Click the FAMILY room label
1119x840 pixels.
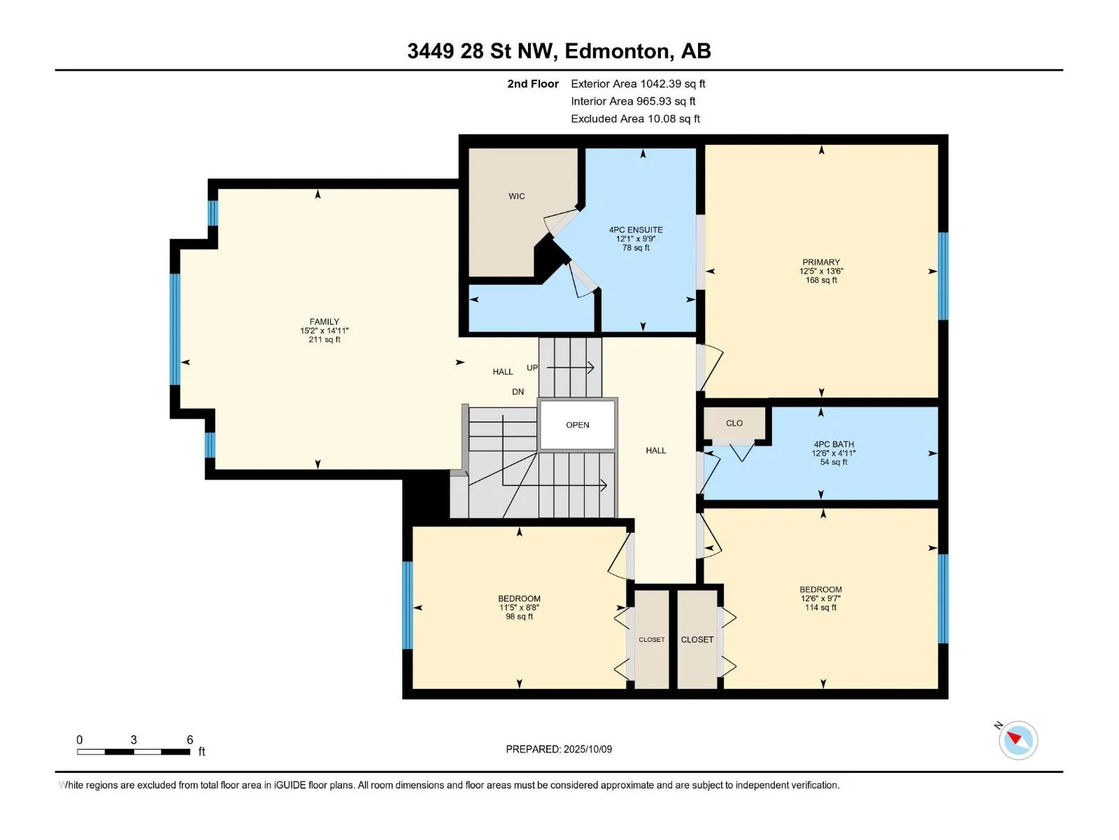[x=325, y=322]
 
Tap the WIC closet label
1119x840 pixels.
[x=516, y=197]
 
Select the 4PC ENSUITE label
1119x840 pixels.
[x=636, y=230]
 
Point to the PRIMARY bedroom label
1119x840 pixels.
[x=821, y=262]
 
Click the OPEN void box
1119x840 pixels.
[x=577, y=425]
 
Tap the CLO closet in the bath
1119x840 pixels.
[x=734, y=423]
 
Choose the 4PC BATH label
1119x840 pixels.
[x=834, y=444]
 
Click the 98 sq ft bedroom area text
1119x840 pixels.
[x=519, y=617]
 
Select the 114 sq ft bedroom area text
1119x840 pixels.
[x=821, y=608]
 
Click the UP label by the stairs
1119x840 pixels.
[x=532, y=367]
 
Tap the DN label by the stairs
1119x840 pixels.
[x=518, y=392]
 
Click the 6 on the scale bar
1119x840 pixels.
[x=190, y=739]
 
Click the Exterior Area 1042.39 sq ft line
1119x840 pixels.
[x=638, y=83]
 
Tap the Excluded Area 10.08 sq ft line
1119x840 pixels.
[x=635, y=119]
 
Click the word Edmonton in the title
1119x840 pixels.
[x=616, y=51]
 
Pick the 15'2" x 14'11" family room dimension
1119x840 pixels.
[x=325, y=330]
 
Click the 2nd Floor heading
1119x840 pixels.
[x=533, y=83]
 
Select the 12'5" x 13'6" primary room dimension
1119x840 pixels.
[x=821, y=272]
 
